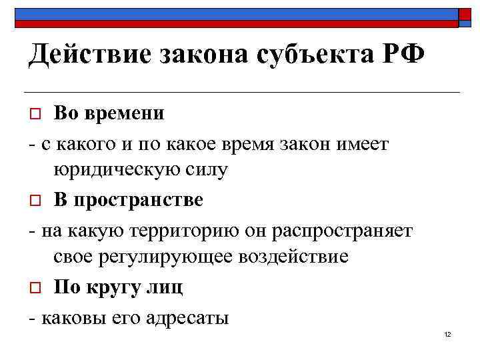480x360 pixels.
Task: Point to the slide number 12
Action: tap(447, 334)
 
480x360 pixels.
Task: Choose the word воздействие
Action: tap(292, 257)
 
